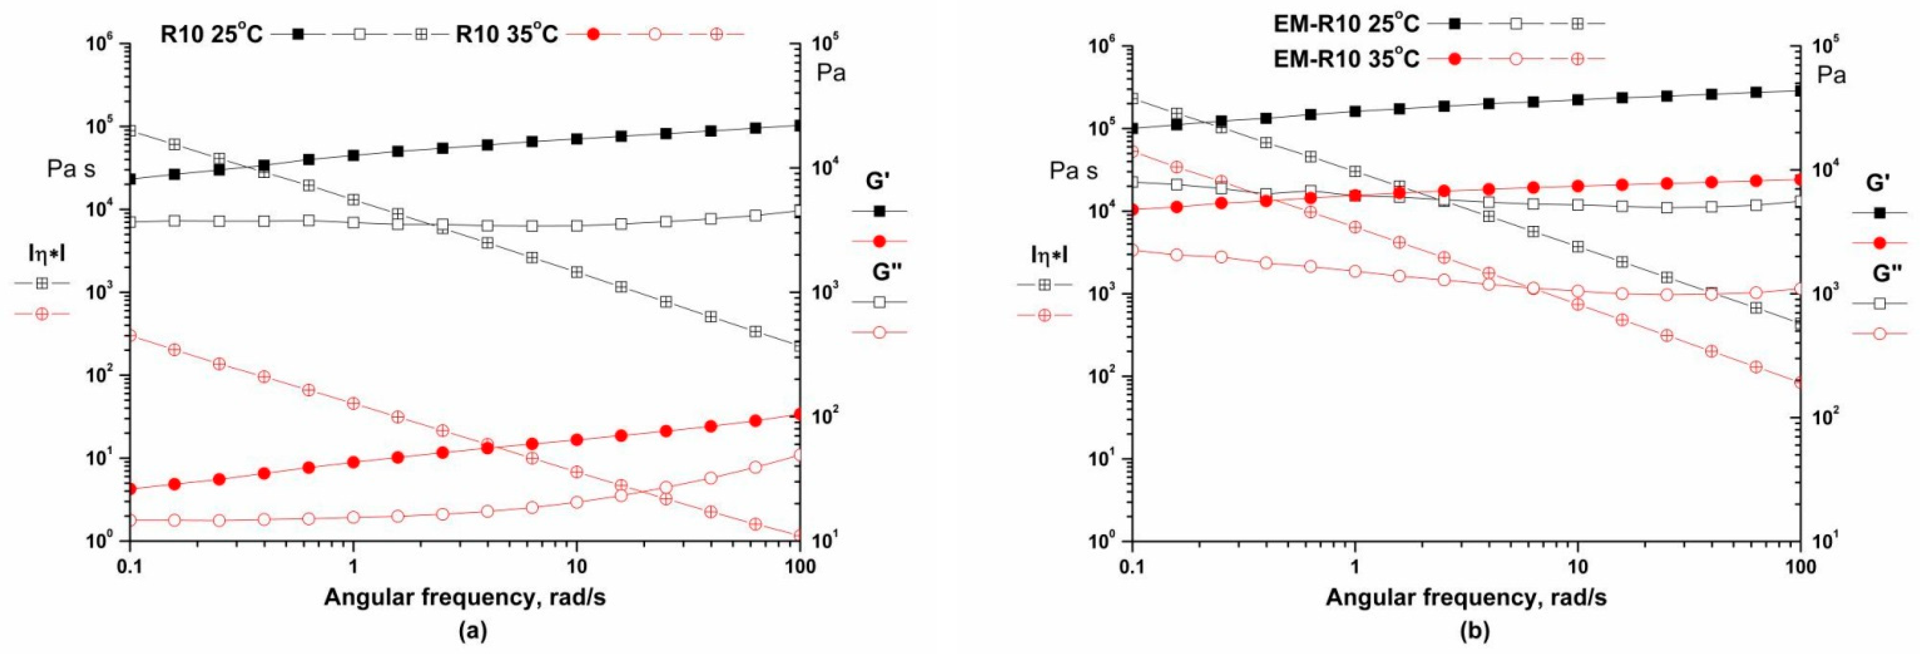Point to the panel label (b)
(1473, 631)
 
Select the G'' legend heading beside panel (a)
(887, 272)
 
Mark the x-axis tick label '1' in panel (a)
(353, 566)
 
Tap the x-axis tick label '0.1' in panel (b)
(1132, 566)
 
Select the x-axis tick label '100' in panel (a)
(800, 566)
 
